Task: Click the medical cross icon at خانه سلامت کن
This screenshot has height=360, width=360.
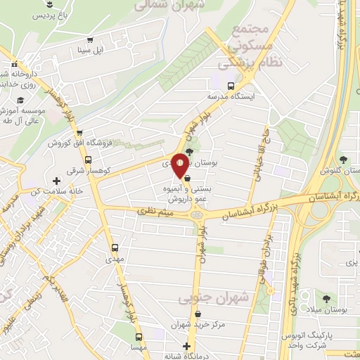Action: (57, 181)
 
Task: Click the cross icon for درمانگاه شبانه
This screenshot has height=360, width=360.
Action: (186, 346)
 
